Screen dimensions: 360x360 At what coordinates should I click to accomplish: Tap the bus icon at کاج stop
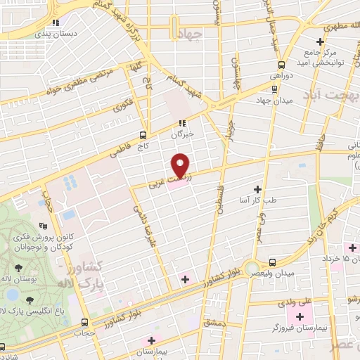coord(143,135)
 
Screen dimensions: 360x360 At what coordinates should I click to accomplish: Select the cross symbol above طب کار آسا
coord(257,189)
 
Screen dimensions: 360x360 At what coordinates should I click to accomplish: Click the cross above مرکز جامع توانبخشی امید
coord(320,42)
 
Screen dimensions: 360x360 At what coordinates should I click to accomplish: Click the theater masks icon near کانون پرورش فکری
coord(44,226)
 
